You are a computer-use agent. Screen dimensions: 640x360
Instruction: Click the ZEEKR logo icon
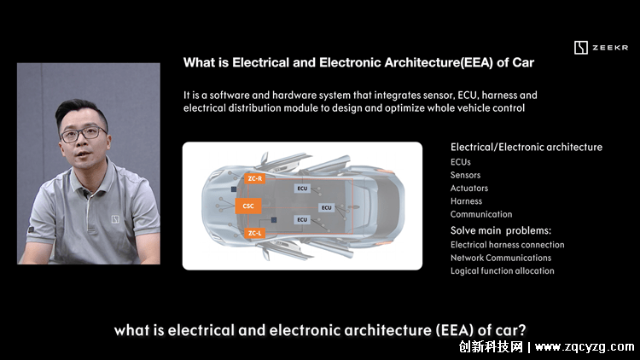coord(581,48)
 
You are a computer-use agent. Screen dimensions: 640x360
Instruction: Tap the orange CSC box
coord(248,206)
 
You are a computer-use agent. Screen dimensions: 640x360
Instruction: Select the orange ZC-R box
coord(255,178)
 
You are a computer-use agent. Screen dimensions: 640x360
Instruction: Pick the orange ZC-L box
coord(254,233)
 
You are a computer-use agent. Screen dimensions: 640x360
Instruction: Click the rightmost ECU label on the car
coord(327,208)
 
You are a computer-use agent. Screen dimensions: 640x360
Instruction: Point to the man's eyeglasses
coord(84,134)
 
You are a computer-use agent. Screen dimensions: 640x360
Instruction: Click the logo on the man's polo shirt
coord(115,219)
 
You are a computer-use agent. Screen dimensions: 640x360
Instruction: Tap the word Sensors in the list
coord(465,175)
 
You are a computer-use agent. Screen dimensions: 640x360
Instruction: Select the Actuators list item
coord(469,189)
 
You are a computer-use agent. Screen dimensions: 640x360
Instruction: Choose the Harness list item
coord(466,201)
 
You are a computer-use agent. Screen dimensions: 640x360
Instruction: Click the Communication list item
coord(481,214)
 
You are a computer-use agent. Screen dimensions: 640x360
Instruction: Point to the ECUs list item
coord(461,162)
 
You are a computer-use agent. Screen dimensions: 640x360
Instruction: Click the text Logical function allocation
coord(503,270)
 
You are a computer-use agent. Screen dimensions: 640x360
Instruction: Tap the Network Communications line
coord(501,258)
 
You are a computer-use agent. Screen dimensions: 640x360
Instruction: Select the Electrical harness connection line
coord(508,245)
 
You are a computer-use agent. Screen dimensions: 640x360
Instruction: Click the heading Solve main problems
coord(501,230)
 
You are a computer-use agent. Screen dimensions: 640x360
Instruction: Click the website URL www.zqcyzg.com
coord(585,347)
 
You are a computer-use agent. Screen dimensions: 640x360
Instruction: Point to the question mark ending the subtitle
coord(521,330)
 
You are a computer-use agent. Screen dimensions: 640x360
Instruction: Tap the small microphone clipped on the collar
coord(85,193)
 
